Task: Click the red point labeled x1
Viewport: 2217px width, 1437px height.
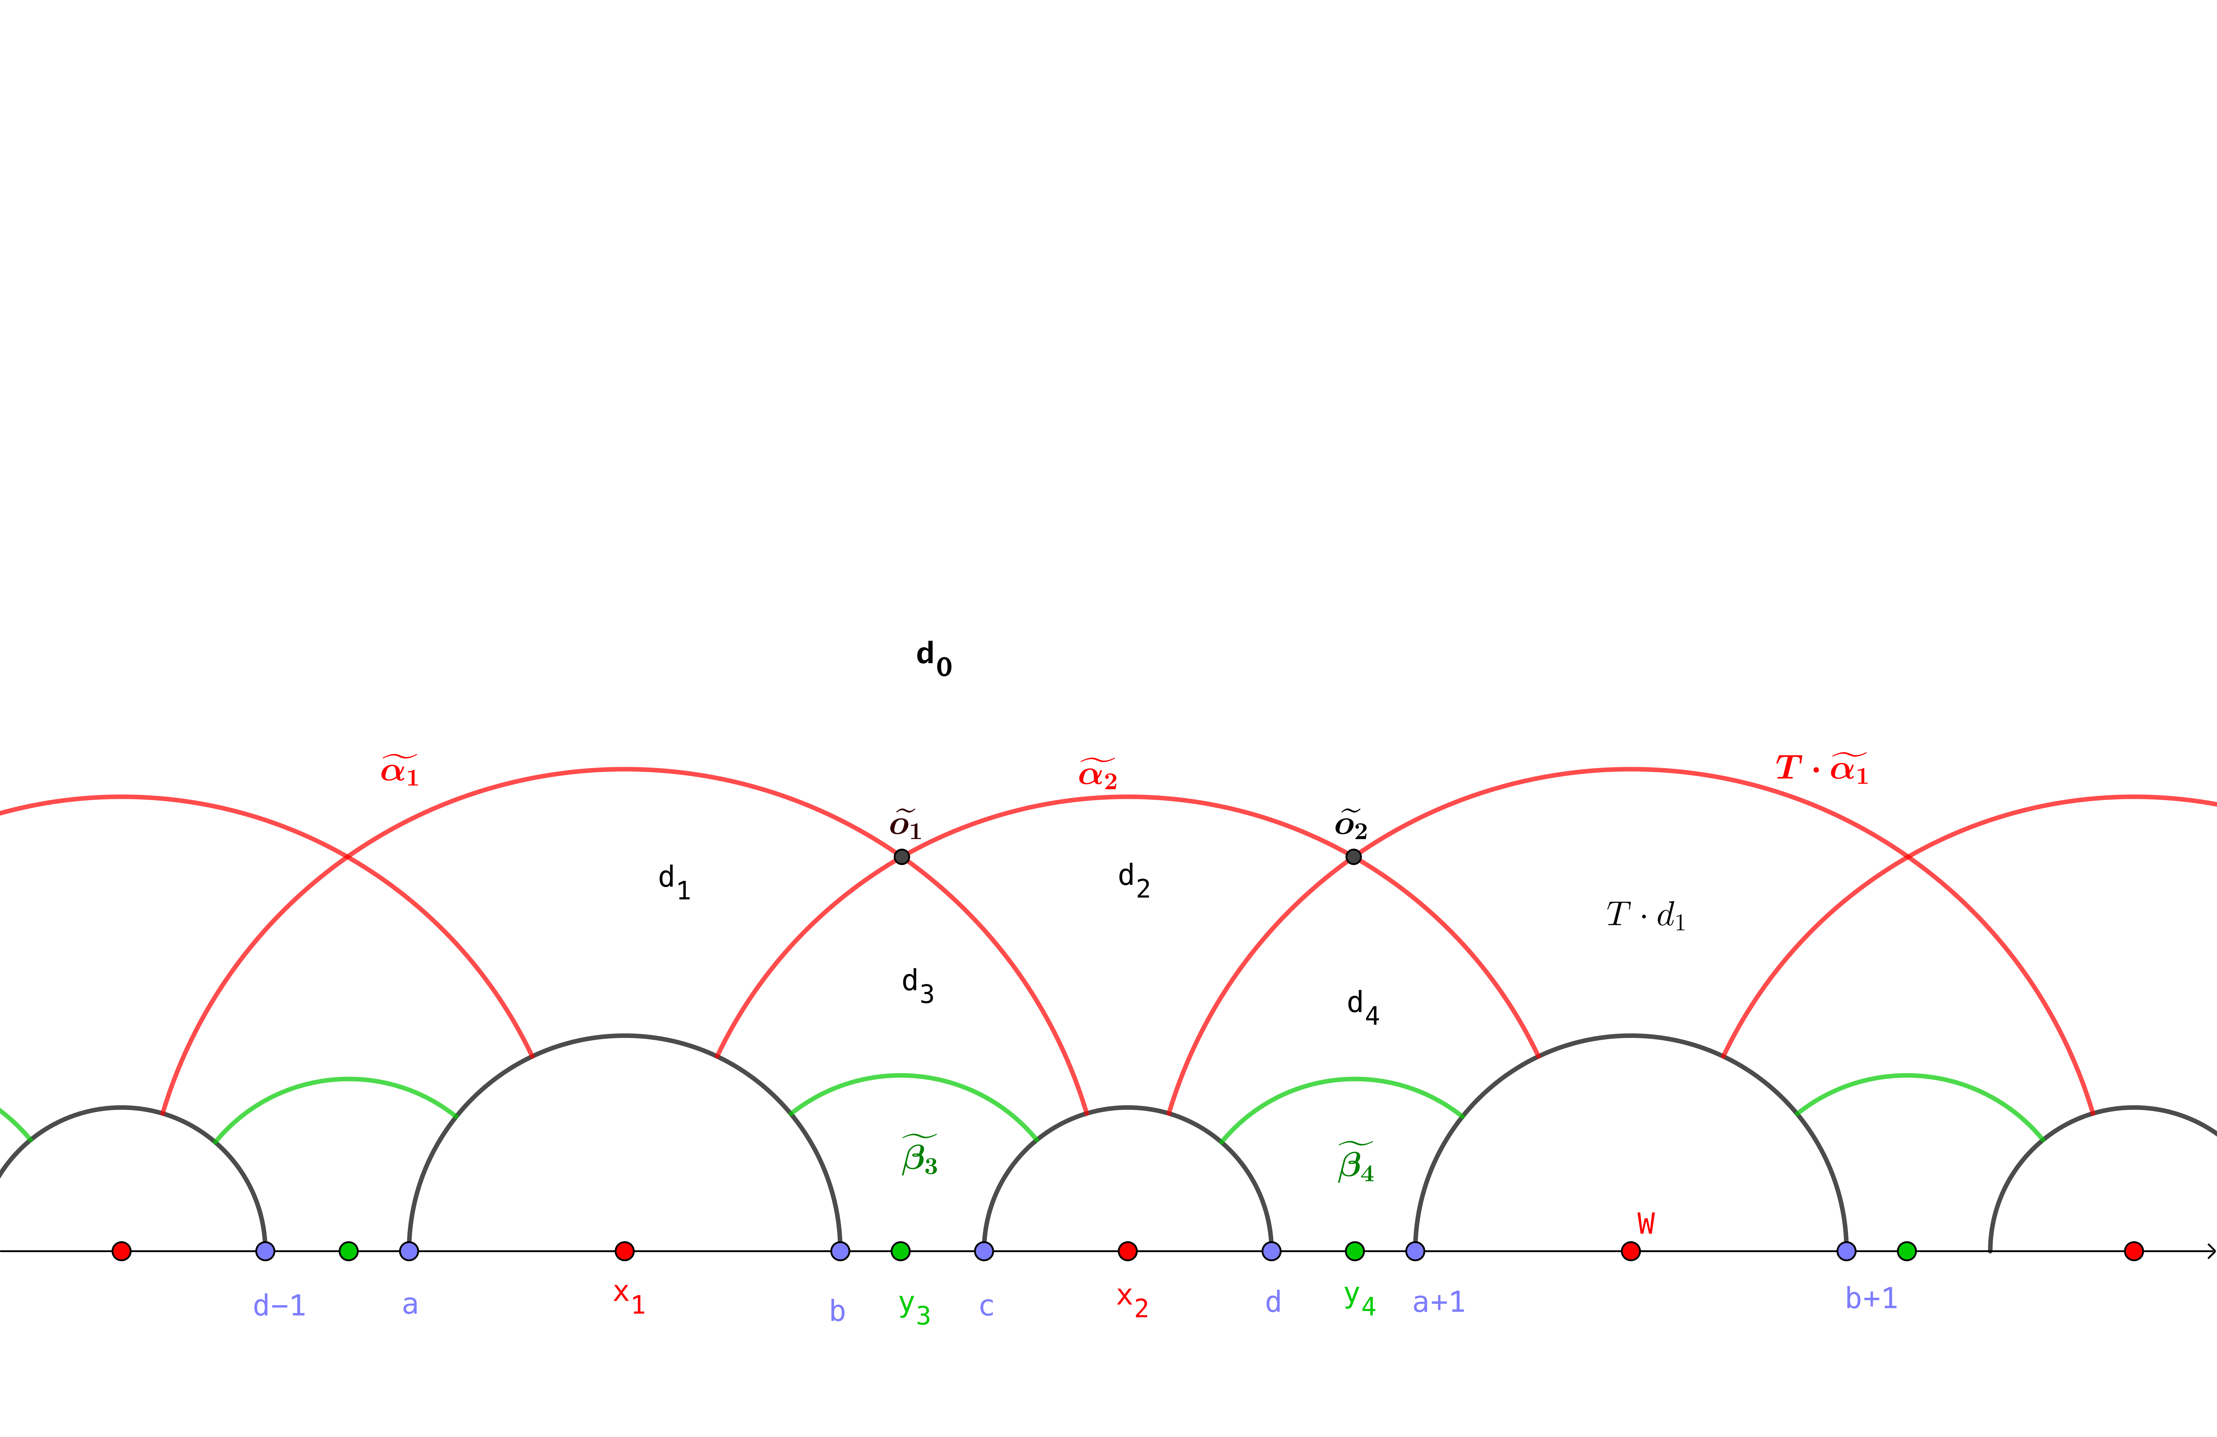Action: pos(624,1251)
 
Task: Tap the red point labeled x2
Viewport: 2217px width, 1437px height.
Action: pos(1127,1251)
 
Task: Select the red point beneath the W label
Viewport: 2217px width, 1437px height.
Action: pos(1630,1251)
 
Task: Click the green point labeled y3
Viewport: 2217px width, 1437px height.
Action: pos(900,1251)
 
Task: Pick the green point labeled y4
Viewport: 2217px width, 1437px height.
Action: pos(1354,1251)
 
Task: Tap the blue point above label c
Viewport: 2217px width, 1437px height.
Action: pos(984,1251)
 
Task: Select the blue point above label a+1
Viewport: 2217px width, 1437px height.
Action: pos(1415,1251)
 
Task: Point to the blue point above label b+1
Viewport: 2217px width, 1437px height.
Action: pos(1846,1251)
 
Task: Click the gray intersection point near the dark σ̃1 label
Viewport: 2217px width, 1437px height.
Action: pos(901,856)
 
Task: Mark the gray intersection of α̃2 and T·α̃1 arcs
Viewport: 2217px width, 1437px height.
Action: pos(1353,856)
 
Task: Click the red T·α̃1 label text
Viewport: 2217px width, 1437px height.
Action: pos(1821,768)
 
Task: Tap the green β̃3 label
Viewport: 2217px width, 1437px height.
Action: pos(919,1156)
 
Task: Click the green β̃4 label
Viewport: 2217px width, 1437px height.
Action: pos(1355,1162)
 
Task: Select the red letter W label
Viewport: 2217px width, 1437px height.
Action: pos(1646,1223)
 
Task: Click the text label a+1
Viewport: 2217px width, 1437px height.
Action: pos(1438,1302)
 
